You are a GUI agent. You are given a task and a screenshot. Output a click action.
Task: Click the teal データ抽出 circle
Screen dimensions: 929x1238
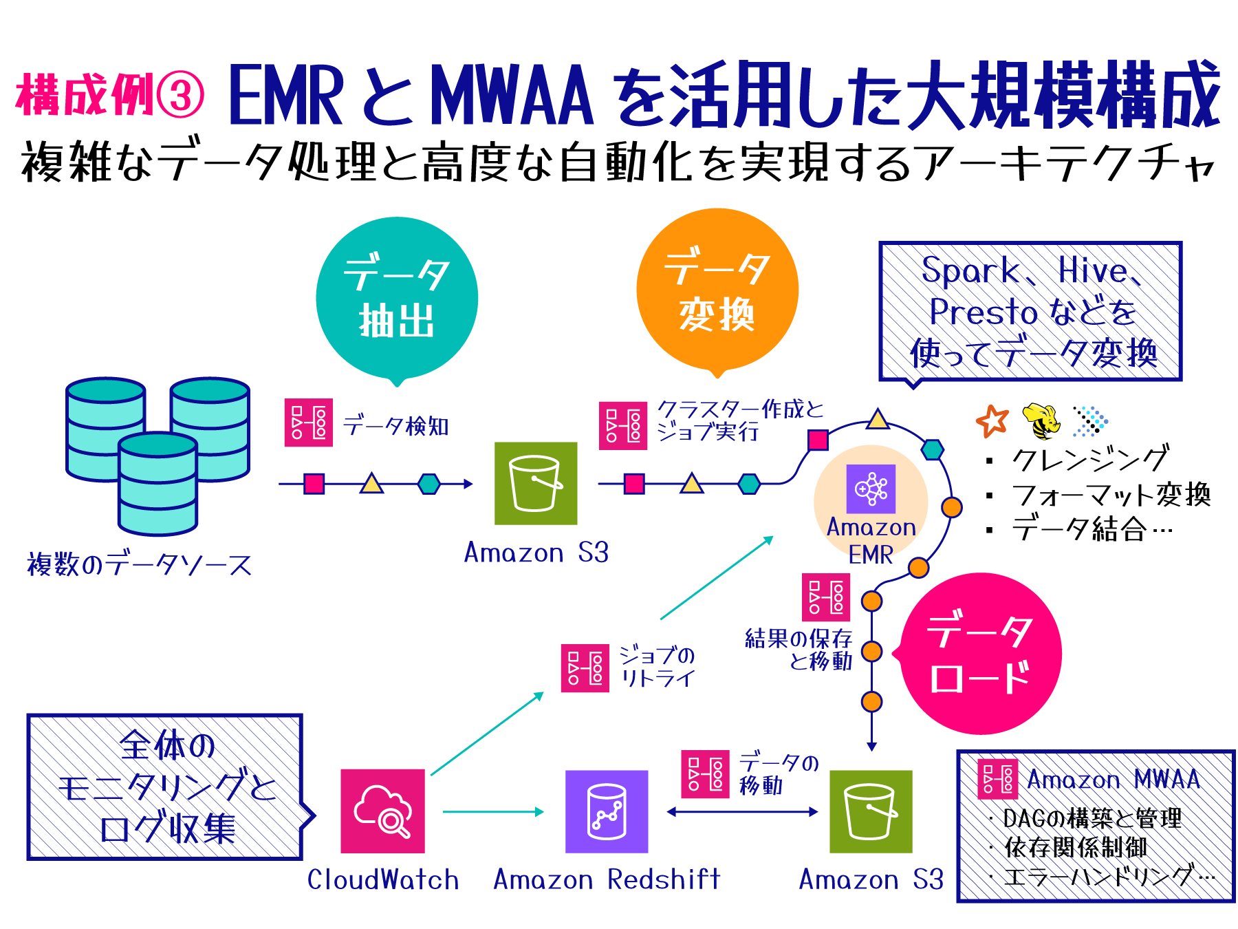tap(397, 297)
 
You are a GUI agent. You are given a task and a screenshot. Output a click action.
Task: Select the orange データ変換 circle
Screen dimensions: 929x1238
tap(717, 289)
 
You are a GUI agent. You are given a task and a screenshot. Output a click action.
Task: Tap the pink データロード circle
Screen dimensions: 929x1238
tap(980, 654)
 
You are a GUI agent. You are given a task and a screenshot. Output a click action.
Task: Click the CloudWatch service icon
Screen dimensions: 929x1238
tap(382, 811)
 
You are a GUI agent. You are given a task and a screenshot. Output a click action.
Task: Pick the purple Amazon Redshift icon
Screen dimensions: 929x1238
tap(606, 811)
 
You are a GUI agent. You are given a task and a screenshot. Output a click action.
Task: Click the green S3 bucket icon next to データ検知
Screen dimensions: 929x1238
tap(536, 483)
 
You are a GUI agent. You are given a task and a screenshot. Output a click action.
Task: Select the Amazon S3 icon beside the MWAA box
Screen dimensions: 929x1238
tap(870, 811)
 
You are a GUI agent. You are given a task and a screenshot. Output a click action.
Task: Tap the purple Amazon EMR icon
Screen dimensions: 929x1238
tap(871, 489)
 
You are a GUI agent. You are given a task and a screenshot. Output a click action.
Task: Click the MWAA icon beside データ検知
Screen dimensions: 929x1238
tap(309, 423)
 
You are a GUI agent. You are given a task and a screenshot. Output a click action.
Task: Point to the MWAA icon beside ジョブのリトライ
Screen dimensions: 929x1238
tap(585, 668)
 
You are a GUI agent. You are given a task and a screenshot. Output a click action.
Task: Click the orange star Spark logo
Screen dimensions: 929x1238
tap(992, 421)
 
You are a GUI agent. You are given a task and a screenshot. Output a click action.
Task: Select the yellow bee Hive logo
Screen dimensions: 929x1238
tap(1041, 421)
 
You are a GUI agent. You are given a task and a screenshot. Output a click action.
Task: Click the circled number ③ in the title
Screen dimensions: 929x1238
tap(180, 95)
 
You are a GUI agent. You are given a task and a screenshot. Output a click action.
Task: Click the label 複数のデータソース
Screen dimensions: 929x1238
tap(140, 564)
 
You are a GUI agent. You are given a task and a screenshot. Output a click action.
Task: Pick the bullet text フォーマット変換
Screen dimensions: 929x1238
tap(1110, 494)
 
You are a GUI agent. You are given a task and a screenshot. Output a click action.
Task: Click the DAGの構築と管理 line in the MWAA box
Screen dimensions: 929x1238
tap(1092, 818)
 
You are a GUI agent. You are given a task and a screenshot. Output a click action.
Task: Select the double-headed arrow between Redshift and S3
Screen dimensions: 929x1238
tap(743, 812)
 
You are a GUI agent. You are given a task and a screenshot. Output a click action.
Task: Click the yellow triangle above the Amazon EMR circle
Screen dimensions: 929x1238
tap(877, 420)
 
